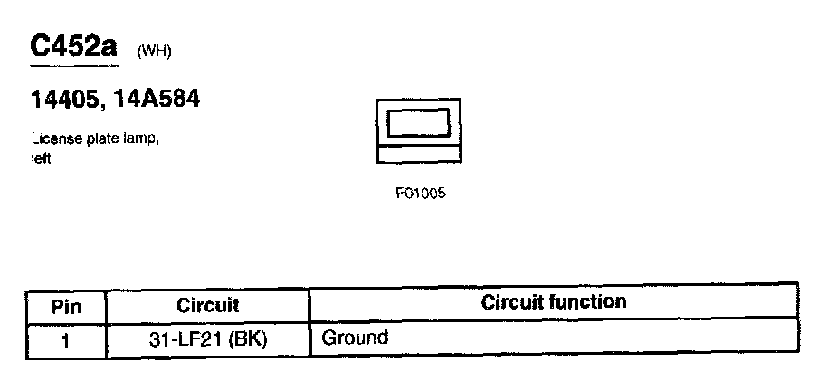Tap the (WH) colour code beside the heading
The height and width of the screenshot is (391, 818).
pyautogui.click(x=153, y=51)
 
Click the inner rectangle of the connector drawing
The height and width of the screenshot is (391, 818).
pyautogui.click(x=418, y=123)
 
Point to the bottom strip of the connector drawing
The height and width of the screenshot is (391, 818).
pyautogui.click(x=418, y=155)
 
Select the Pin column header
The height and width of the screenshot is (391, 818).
pyautogui.click(x=66, y=306)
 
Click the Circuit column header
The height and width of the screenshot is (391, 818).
pyautogui.click(x=207, y=306)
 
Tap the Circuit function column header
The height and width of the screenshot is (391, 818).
pyautogui.click(x=553, y=301)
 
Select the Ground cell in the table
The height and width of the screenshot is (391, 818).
pyautogui.click(x=355, y=339)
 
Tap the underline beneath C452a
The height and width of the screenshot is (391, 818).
pyautogui.click(x=73, y=66)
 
